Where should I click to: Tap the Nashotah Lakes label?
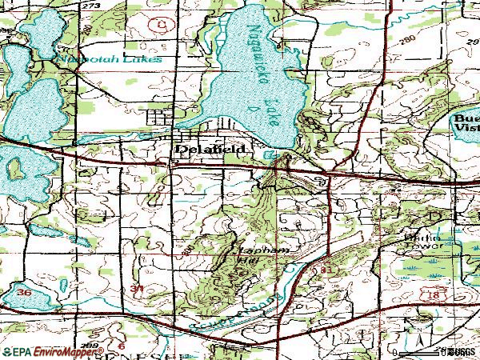pos(106,59)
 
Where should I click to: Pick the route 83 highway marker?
pos(325,272)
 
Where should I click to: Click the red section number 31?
pos(138,288)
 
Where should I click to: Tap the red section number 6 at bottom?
pos(122,344)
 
